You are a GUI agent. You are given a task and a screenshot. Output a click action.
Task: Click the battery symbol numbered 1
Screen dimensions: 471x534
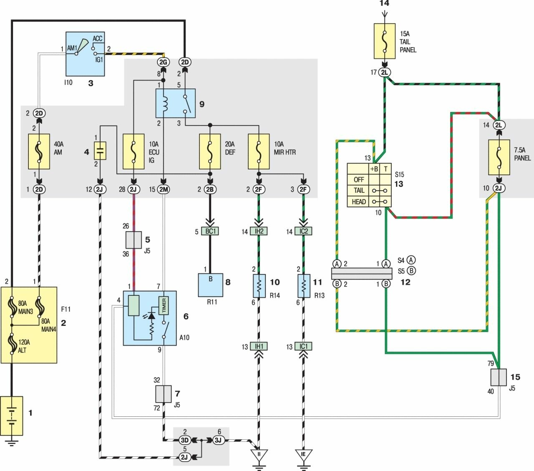12,416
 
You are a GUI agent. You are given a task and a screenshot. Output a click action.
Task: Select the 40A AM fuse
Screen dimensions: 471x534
39,151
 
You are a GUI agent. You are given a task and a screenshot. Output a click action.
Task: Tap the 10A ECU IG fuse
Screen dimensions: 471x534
133,151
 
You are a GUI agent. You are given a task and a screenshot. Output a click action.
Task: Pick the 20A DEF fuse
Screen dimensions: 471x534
210,151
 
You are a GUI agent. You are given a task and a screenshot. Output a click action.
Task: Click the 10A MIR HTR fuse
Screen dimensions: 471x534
259,151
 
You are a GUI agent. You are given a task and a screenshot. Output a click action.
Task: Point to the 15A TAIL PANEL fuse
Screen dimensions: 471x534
385,41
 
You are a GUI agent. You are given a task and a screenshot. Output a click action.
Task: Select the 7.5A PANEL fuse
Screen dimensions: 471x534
499,157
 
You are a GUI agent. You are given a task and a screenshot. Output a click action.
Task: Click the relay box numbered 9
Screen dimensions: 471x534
175,103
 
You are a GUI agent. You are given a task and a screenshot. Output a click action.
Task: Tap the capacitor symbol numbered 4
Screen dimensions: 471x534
100,151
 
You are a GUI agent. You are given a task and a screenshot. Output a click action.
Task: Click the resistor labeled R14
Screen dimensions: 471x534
259,286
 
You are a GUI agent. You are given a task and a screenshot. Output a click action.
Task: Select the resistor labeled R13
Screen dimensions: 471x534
304,286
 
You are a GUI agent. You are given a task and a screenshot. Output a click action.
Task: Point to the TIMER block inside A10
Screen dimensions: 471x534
164,306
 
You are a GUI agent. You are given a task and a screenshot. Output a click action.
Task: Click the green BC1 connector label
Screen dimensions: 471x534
210,231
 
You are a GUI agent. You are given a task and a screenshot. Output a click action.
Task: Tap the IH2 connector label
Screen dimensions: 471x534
259,231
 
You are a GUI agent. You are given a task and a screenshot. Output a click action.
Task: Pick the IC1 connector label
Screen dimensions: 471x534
303,346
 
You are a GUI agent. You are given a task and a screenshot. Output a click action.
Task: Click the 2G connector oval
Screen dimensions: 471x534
163,62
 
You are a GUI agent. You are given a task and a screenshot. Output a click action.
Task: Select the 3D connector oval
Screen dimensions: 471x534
184,440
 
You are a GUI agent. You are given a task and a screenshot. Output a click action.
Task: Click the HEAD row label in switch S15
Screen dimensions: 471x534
358,201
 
